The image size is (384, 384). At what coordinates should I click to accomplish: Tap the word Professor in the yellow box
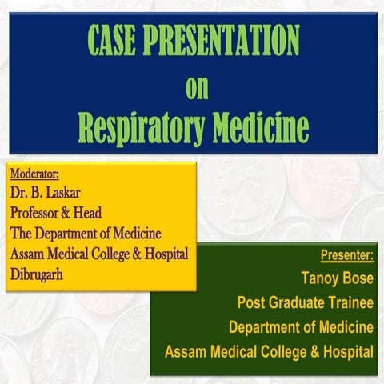pyautogui.click(x=39, y=214)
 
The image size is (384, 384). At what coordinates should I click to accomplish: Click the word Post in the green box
pyautogui.click(x=251, y=303)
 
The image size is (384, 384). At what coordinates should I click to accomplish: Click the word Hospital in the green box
pyautogui.click(x=346, y=351)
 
